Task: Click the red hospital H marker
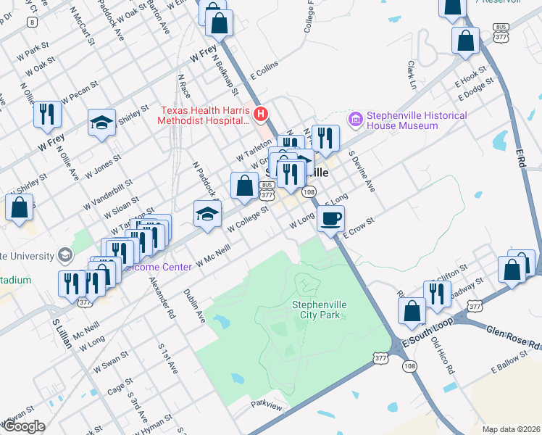(262, 114)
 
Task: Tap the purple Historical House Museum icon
(355, 118)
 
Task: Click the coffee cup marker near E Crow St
(330, 218)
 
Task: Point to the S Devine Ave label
(362, 172)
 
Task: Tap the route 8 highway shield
(31, 22)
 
